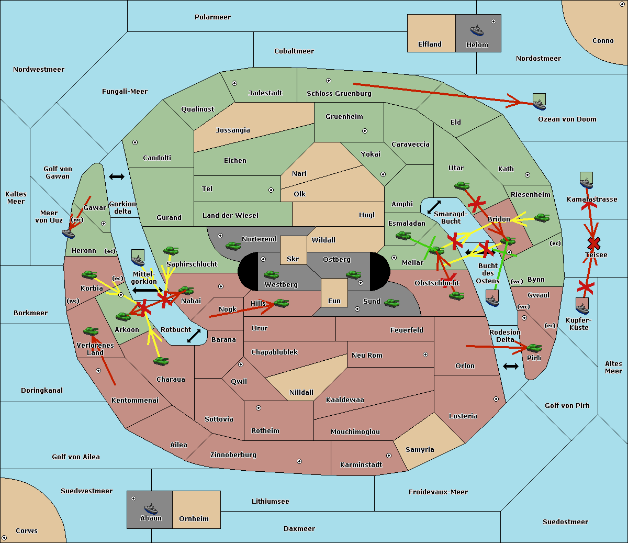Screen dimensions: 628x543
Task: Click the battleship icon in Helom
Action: pos(477,30)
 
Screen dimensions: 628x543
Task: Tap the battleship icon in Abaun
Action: pos(151,508)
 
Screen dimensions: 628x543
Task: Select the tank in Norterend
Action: pos(233,246)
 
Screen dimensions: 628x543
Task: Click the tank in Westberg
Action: pos(271,274)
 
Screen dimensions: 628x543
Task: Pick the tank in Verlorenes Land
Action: pos(91,331)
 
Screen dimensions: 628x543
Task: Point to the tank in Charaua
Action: pos(161,361)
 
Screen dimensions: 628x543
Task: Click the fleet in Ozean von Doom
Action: pos(539,102)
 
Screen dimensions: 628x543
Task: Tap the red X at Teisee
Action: pos(594,243)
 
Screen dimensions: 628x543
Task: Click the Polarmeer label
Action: pos(212,17)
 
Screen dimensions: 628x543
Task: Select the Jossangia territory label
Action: pos(233,130)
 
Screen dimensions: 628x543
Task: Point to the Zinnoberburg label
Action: pos(233,455)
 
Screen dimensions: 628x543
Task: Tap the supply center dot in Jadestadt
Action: pos(234,83)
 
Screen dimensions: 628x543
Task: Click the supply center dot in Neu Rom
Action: pos(425,354)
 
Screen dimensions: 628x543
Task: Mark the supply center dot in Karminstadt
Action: pos(389,456)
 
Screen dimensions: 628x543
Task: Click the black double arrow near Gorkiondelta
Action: pos(117,176)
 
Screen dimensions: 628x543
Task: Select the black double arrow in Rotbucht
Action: pos(194,336)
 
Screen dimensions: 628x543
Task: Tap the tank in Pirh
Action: pos(534,348)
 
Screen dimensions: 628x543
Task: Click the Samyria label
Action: pos(420,449)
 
